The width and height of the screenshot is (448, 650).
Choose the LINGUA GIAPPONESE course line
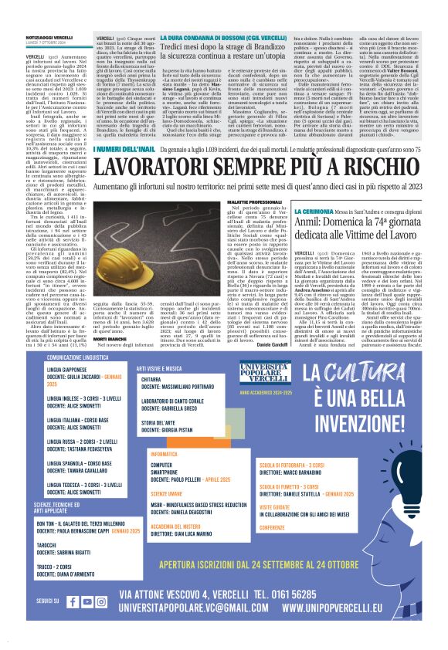[69, 371]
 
